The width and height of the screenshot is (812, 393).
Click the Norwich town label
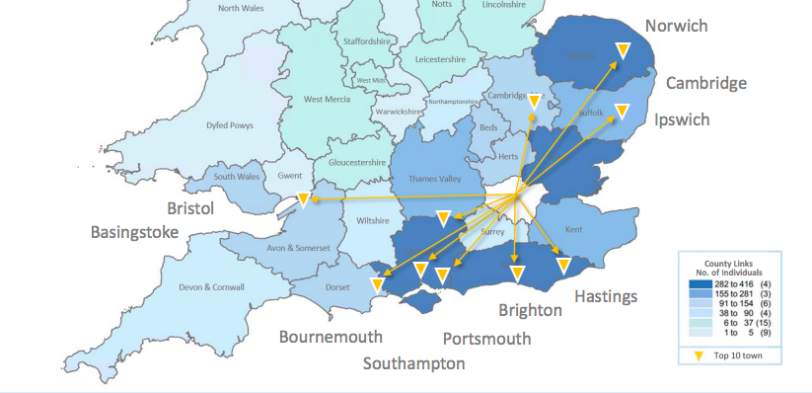(x=676, y=26)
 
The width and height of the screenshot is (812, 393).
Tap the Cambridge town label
(x=705, y=83)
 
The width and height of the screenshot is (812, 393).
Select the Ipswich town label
(x=682, y=119)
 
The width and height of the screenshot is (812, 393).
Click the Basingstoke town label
(x=134, y=232)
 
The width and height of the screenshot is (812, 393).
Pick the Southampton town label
(x=413, y=363)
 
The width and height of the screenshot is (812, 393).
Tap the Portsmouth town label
(x=486, y=339)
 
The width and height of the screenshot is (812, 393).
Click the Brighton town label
(x=530, y=310)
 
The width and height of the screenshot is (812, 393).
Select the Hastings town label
(x=606, y=296)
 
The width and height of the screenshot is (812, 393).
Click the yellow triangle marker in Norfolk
(x=623, y=49)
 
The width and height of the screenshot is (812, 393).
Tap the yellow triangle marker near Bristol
(x=304, y=199)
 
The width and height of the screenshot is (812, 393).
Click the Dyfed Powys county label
(x=229, y=125)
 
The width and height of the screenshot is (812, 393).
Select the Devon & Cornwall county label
(x=211, y=287)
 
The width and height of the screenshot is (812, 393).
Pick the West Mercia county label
(x=327, y=99)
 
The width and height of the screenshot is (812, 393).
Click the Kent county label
(x=574, y=229)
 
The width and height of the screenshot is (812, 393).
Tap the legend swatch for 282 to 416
(x=700, y=283)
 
